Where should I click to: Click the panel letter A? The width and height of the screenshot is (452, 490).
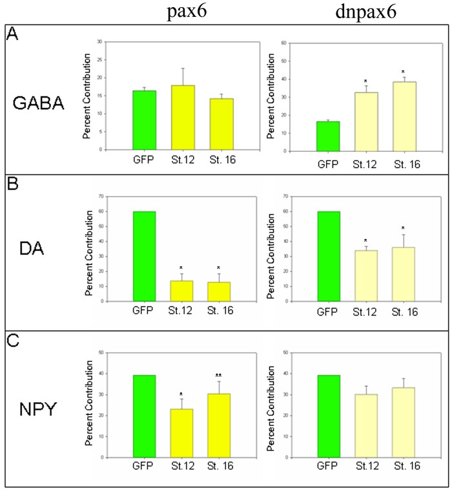tap(11, 35)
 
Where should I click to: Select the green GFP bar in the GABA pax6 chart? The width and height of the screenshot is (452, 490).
tap(145, 120)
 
